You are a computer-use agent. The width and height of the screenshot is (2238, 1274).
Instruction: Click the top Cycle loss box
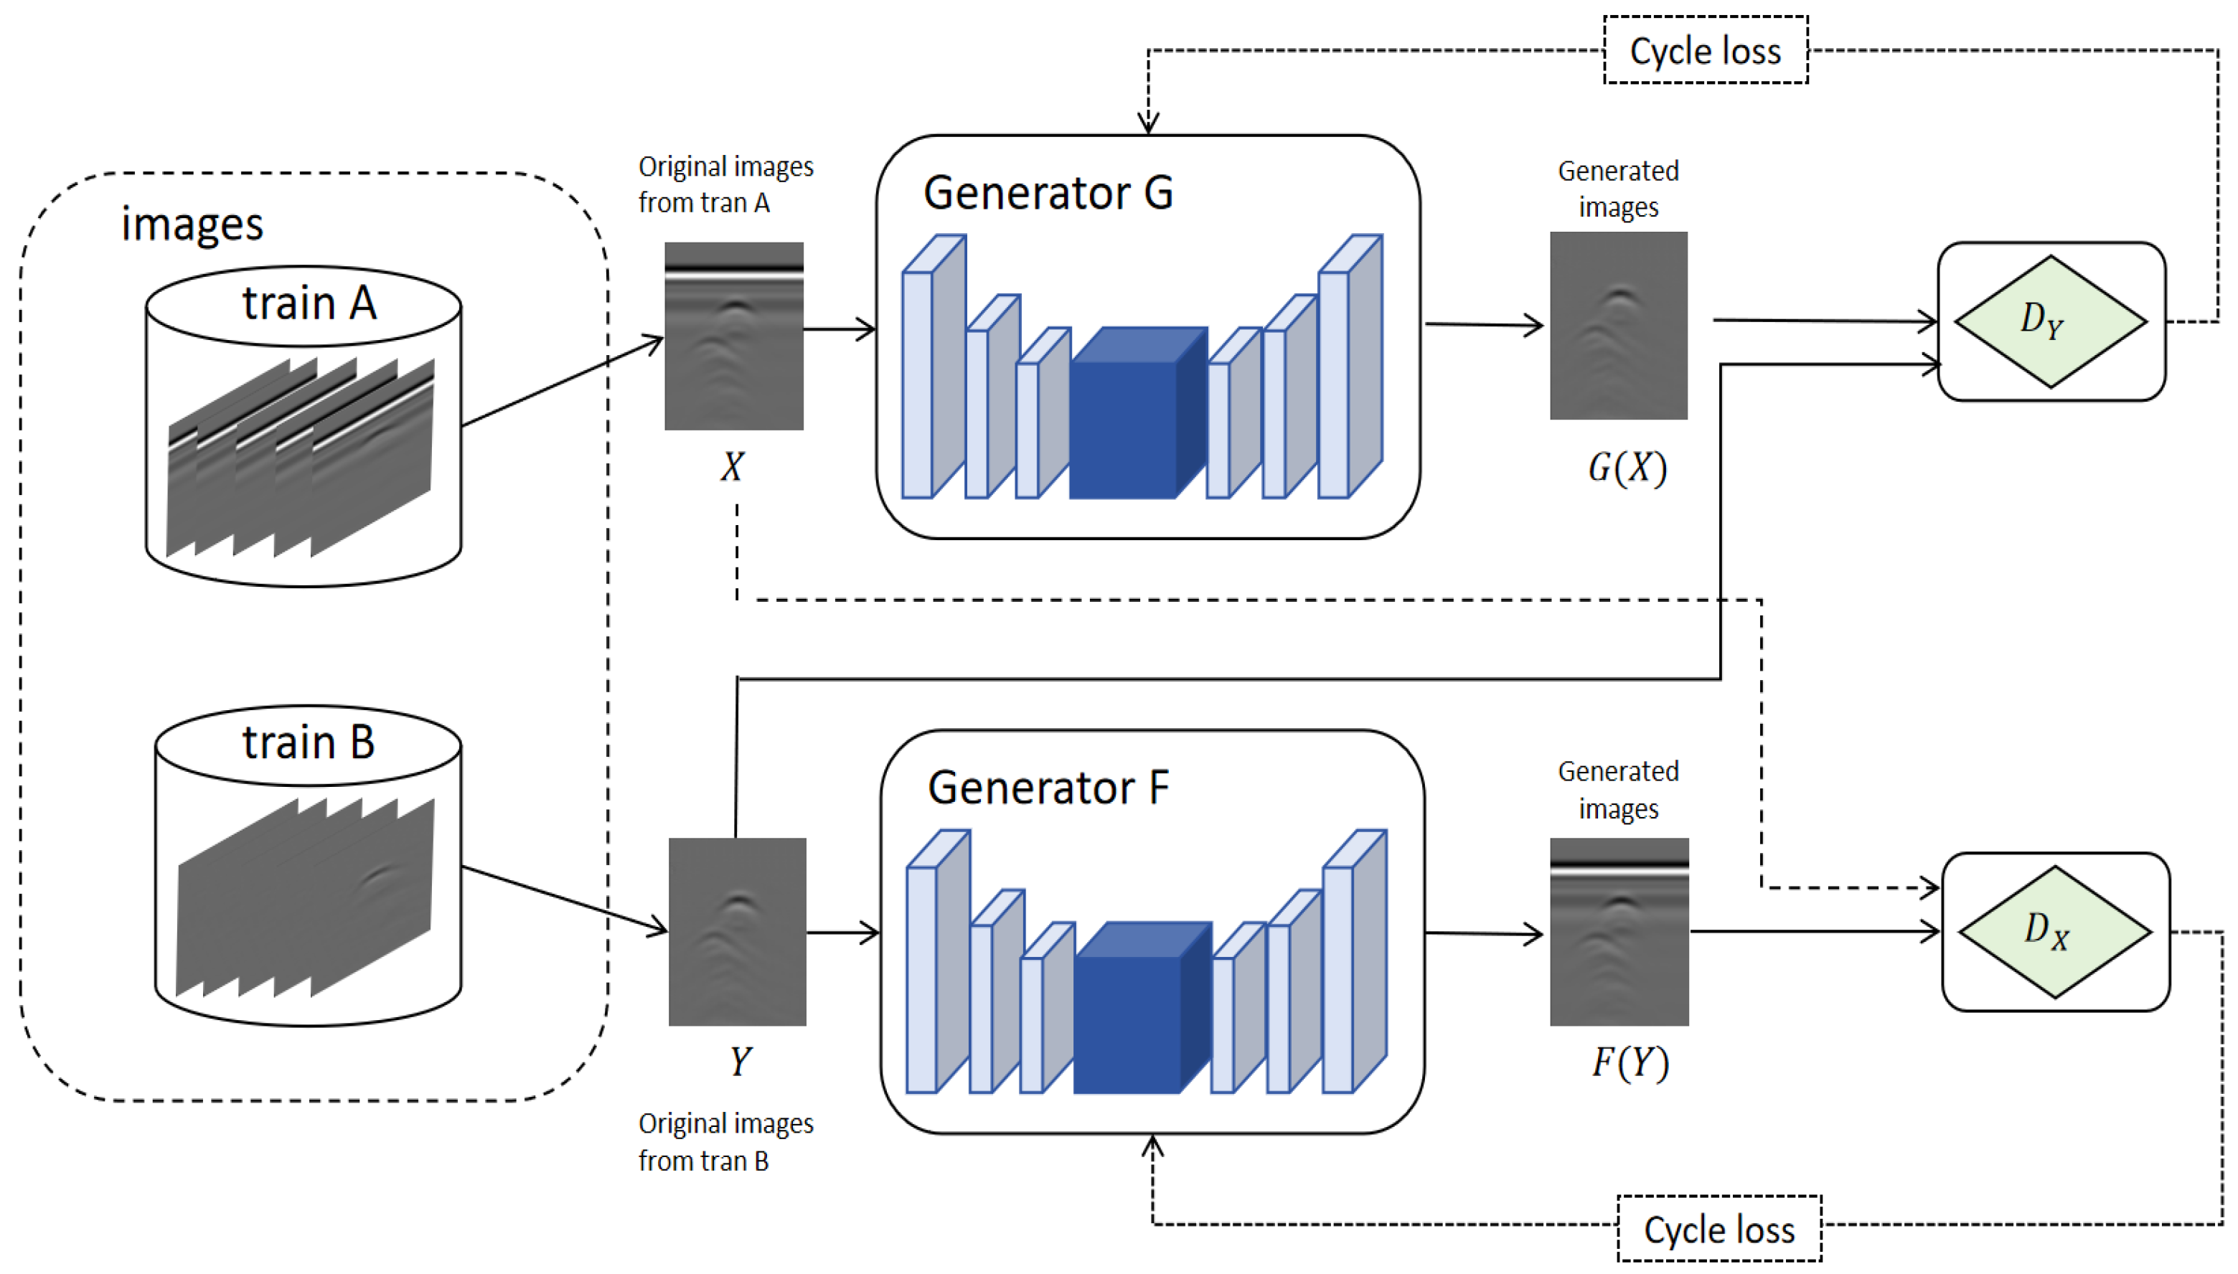click(1704, 51)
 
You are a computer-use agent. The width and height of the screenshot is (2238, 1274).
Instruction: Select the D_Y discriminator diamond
click(2050, 321)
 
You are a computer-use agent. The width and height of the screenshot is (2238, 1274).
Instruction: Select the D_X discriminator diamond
click(2054, 932)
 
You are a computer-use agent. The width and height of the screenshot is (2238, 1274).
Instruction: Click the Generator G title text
click(1048, 192)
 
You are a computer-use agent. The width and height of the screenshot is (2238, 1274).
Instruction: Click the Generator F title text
click(1048, 788)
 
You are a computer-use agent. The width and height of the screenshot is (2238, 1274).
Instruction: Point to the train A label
click(308, 303)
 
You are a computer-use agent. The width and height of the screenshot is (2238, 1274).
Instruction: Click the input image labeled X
click(733, 336)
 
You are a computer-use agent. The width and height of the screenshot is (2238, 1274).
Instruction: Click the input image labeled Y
click(737, 932)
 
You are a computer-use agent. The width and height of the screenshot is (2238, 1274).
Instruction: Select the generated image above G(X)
click(1617, 326)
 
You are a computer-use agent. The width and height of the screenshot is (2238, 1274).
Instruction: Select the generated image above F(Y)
click(1618, 932)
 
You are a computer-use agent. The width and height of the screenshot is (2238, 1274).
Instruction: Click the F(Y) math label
click(1629, 1063)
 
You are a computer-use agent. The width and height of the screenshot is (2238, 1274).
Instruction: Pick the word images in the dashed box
click(192, 225)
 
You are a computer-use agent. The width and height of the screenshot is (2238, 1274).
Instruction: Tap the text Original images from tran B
click(725, 1142)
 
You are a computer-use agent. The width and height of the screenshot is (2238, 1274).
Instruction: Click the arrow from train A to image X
click(560, 382)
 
